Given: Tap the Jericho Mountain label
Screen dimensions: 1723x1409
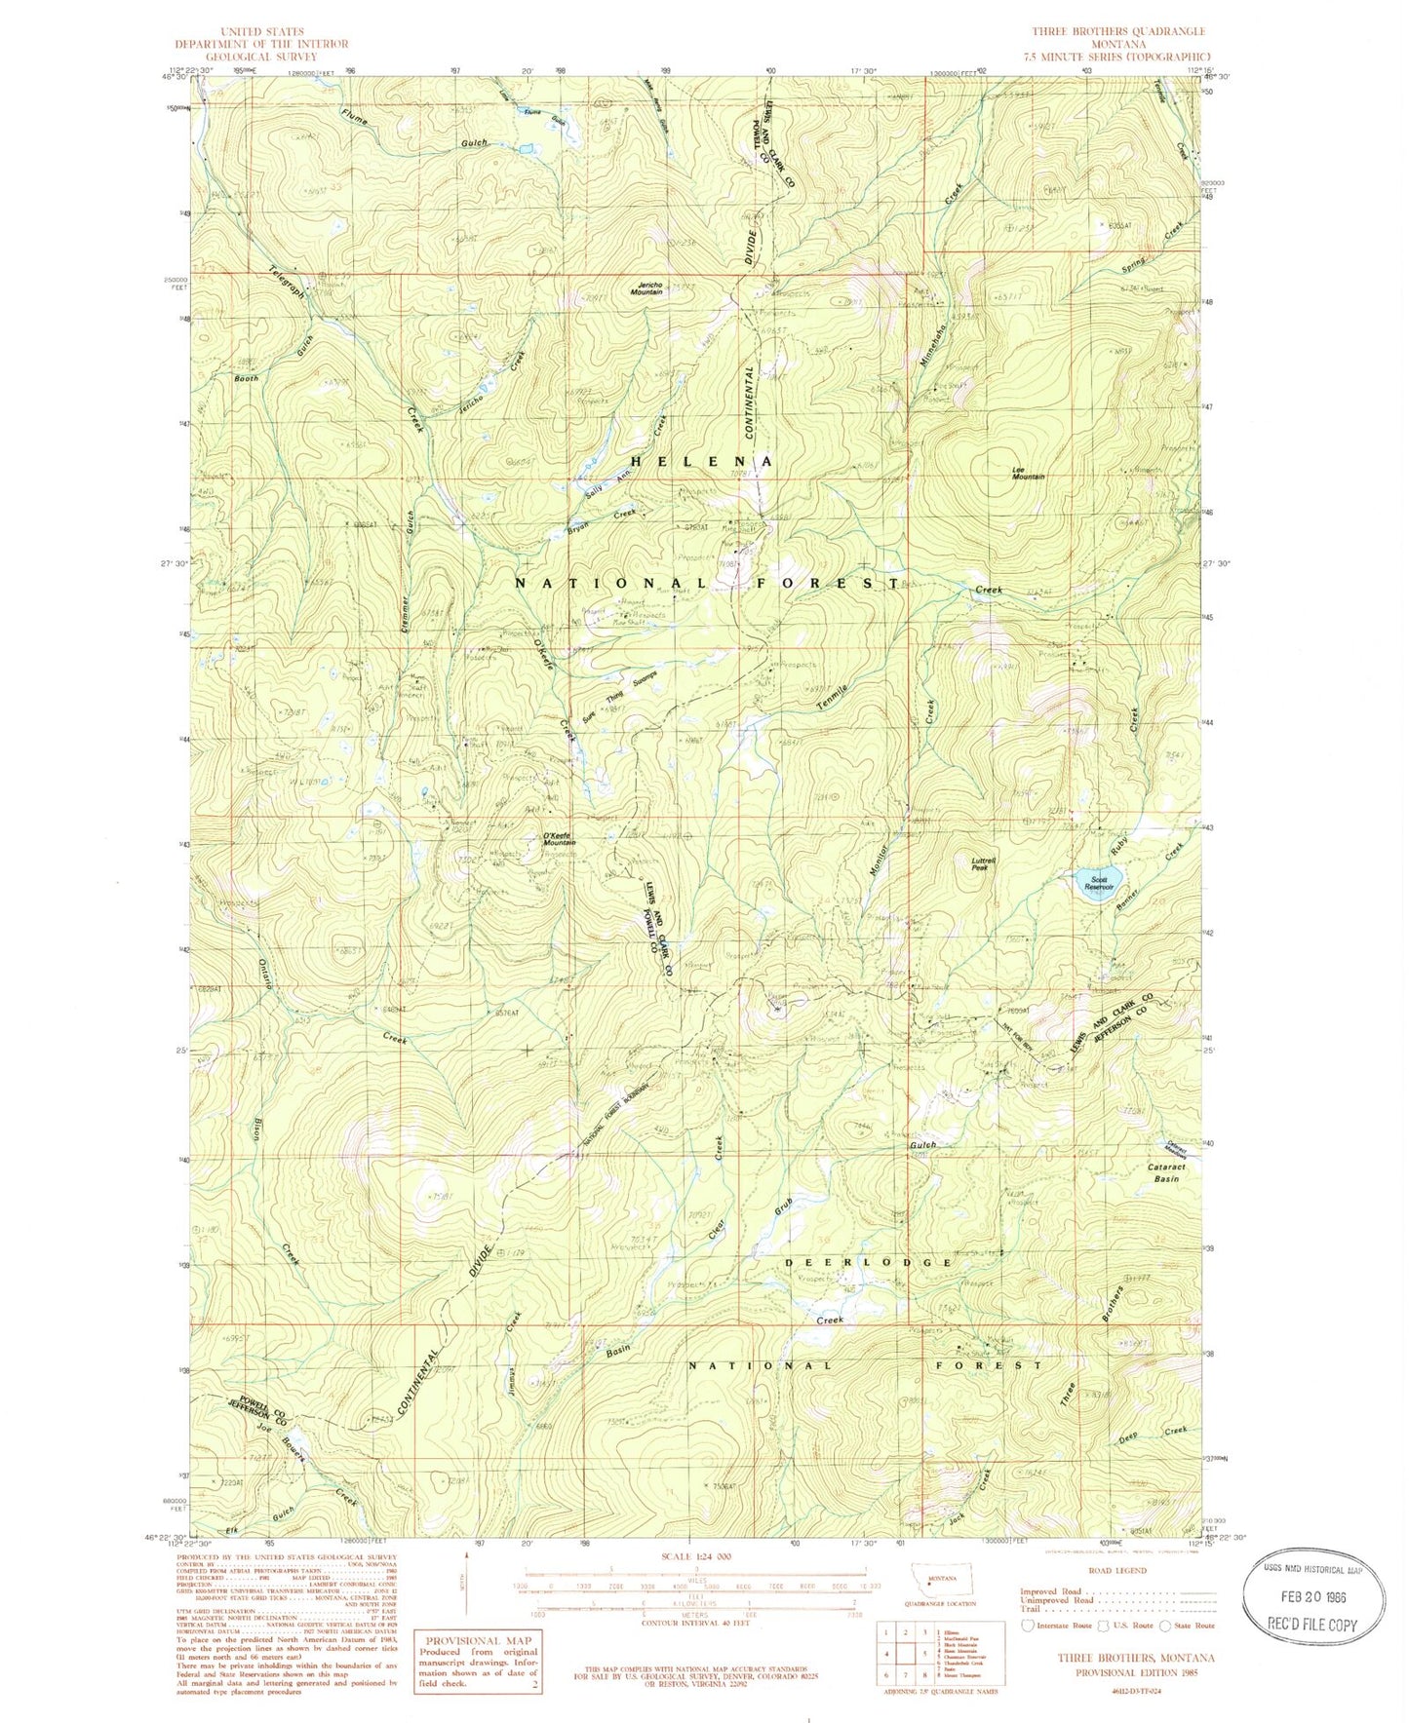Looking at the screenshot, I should click(646, 287).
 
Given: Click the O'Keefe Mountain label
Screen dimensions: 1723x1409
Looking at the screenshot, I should click(559, 839).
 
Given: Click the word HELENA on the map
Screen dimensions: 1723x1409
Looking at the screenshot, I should click(703, 461).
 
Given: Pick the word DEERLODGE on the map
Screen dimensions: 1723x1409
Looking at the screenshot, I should click(869, 1262).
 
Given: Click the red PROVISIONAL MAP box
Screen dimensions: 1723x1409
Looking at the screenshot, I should click(478, 1660).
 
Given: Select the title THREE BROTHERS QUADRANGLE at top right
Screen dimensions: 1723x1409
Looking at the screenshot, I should click(1118, 32).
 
